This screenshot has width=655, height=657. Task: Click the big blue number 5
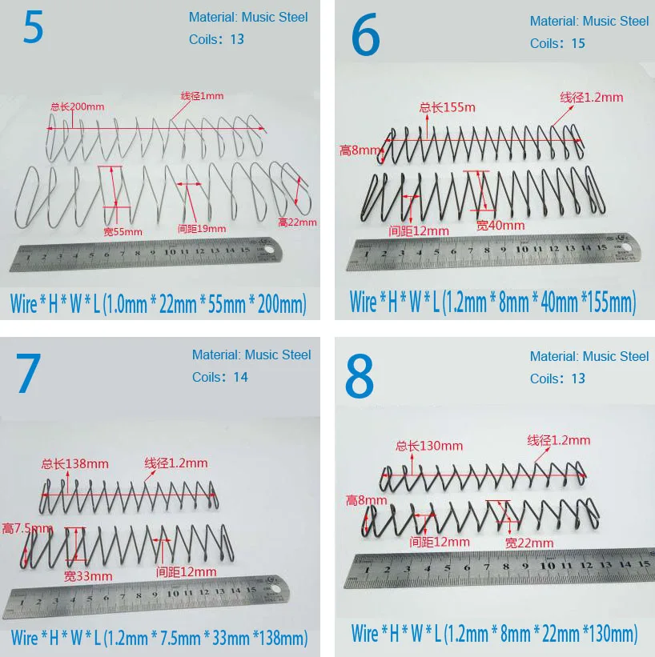pyautogui.click(x=33, y=28)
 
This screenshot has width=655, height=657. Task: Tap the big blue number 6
pyautogui.click(x=366, y=36)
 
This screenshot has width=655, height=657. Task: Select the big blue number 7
pyautogui.click(x=28, y=374)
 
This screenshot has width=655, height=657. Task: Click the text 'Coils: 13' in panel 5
pyautogui.click(x=216, y=39)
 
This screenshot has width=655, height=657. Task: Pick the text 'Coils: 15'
pyautogui.click(x=557, y=43)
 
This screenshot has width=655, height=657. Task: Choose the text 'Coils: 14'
pyautogui.click(x=220, y=377)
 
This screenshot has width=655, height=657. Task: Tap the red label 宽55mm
pyautogui.click(x=123, y=232)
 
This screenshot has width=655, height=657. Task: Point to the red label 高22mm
pyautogui.click(x=298, y=222)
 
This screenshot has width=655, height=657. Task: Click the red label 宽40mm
pyautogui.click(x=500, y=226)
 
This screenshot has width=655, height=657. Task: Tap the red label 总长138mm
pyautogui.click(x=75, y=463)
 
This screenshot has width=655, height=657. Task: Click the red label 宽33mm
pyautogui.click(x=88, y=575)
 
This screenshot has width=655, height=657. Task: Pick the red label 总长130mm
pyautogui.click(x=429, y=446)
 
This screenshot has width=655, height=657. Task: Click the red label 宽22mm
pyautogui.click(x=529, y=543)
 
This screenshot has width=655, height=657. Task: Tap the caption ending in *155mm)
pyautogui.click(x=492, y=302)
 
